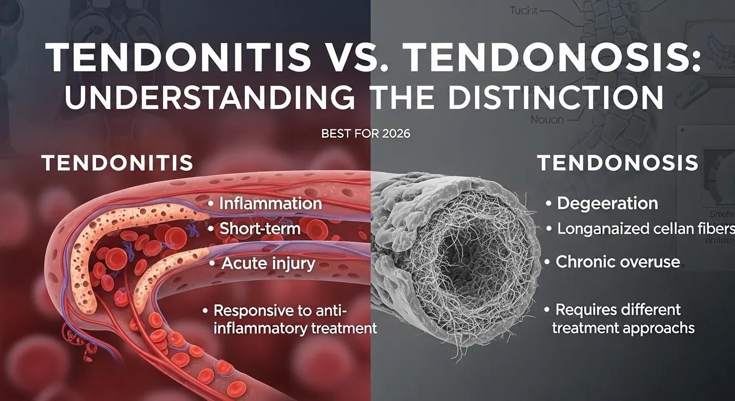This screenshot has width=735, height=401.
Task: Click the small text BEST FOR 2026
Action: coord(365,134)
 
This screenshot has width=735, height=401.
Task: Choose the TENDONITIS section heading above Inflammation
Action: coord(117,163)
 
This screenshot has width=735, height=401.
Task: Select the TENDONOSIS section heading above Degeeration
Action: coord(618,163)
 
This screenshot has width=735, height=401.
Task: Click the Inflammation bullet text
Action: coord(270,203)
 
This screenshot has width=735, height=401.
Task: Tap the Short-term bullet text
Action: coord(260,229)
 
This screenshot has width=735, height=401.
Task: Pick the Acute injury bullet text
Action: coord(268,263)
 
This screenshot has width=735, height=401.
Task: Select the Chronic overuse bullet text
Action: coord(618,261)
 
